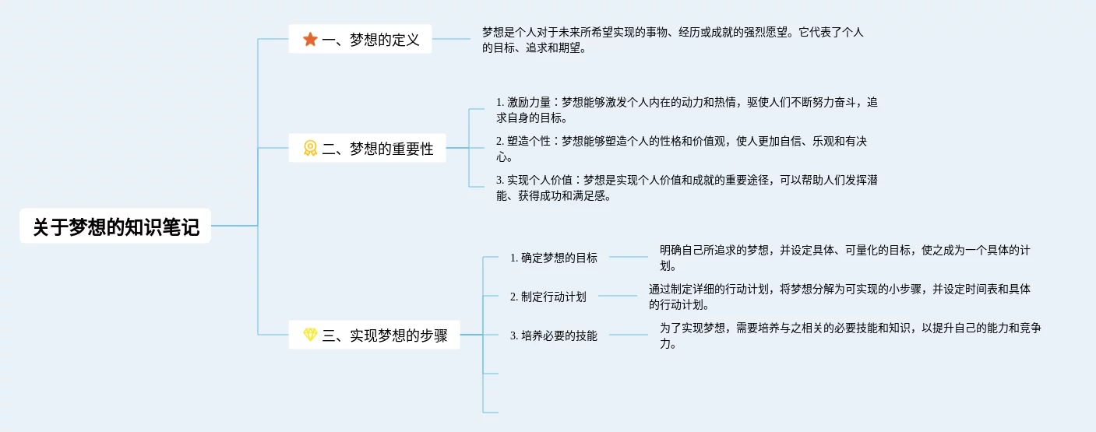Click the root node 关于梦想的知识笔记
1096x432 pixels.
click(115, 227)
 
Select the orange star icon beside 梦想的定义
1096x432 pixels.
click(310, 39)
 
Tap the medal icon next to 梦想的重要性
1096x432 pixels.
click(310, 148)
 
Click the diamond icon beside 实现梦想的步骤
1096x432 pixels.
click(310, 335)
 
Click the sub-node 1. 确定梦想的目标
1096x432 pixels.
click(553, 258)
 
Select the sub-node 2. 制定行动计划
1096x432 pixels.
click(548, 297)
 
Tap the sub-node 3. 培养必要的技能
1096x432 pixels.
click(553, 335)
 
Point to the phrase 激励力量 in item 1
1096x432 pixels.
click(529, 102)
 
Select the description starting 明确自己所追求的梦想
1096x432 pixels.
click(845, 258)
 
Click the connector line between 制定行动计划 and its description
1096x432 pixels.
click(617, 296)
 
